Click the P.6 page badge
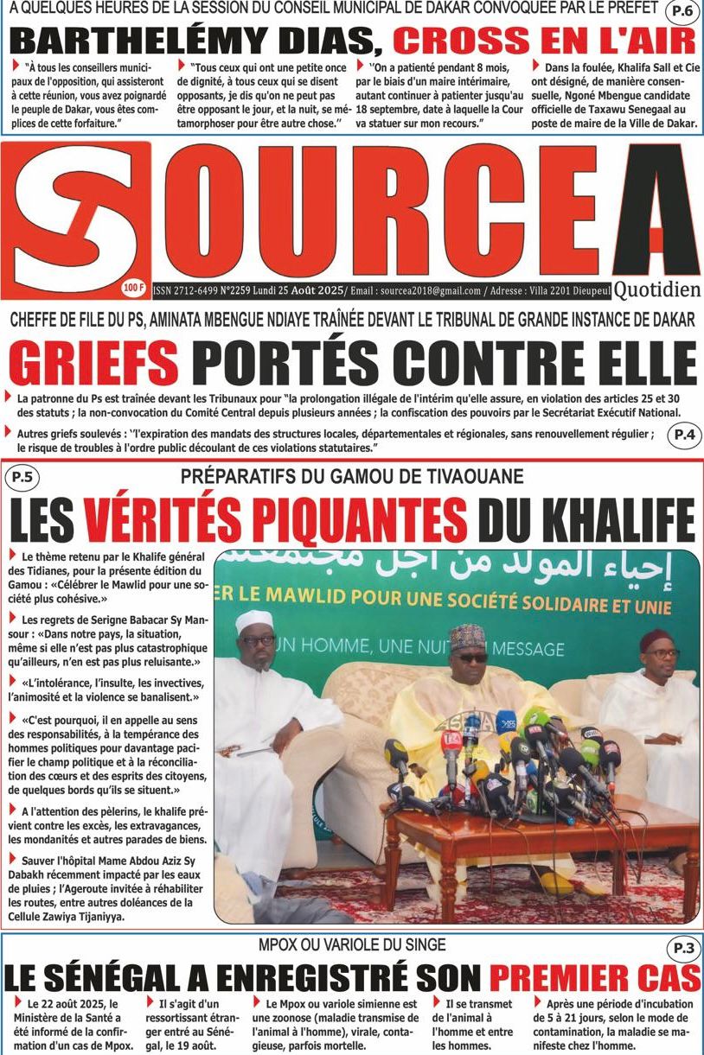682,12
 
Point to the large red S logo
76,216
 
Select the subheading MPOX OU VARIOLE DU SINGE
352,944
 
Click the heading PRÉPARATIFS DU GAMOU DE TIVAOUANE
352,476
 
